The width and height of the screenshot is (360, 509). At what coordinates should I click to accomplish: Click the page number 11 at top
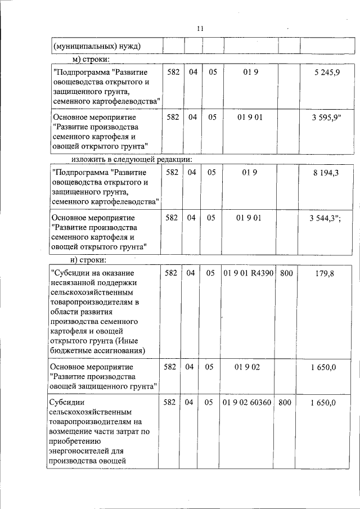tap(200, 29)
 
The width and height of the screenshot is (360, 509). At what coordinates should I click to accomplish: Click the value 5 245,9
tap(327, 73)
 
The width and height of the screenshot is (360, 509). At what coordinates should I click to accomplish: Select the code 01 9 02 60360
tap(247, 403)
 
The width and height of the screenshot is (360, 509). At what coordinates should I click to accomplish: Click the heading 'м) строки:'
tap(91, 59)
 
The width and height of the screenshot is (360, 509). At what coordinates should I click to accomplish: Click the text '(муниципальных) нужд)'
tap(96, 46)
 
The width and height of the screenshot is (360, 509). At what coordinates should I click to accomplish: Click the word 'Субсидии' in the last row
tap(67, 403)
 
